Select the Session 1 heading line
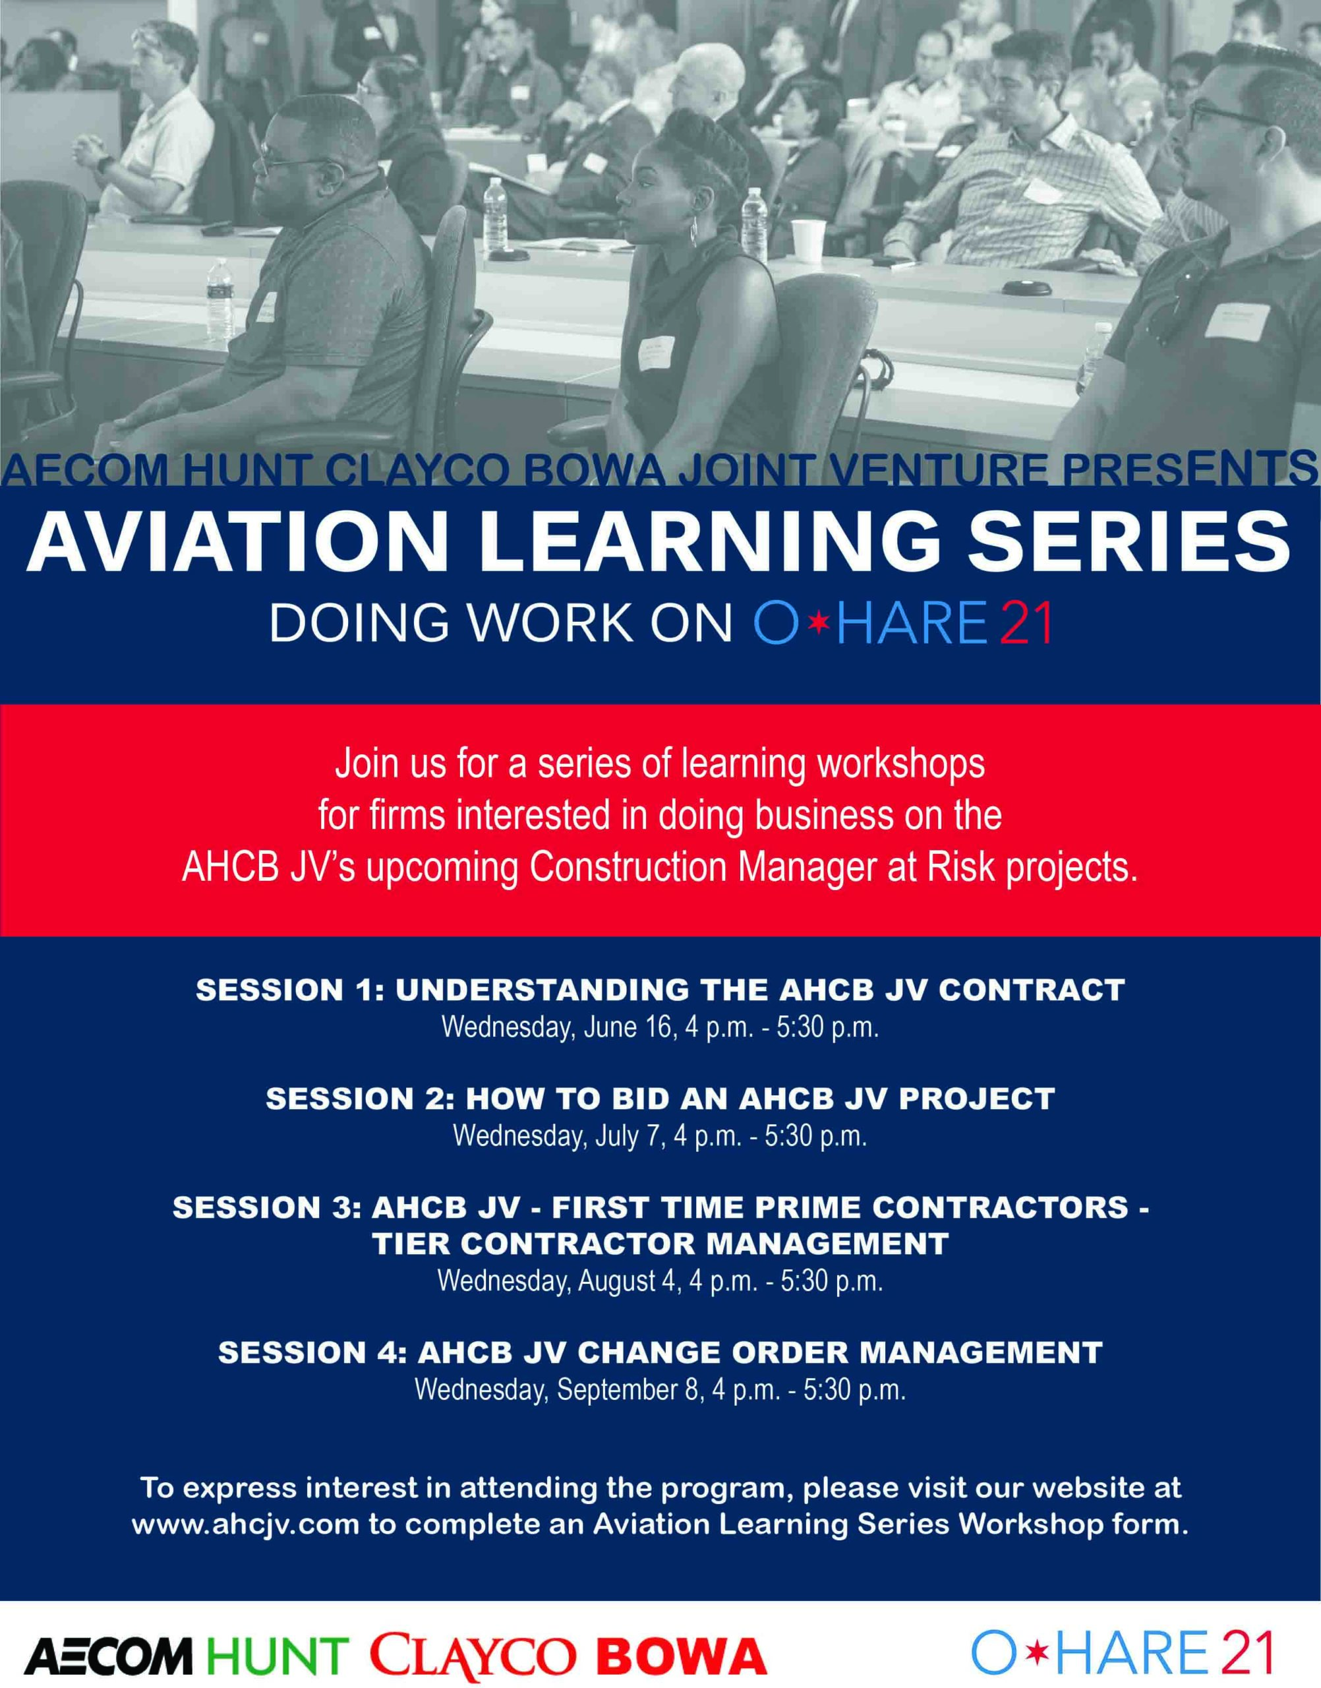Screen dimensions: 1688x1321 pos(660,990)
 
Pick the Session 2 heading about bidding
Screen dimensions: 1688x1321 pos(660,1099)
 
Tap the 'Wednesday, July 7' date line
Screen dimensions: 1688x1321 pos(660,1135)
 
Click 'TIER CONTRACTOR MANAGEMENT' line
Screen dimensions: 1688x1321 pos(660,1243)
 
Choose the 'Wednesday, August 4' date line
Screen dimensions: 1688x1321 pos(660,1281)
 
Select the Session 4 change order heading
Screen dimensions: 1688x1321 pos(660,1352)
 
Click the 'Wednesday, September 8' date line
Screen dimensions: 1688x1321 pos(660,1389)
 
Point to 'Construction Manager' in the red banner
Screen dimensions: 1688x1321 pos(626,867)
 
